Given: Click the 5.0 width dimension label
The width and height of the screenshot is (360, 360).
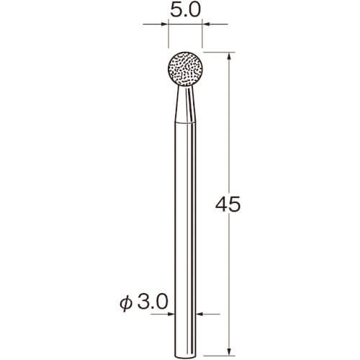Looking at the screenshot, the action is (185, 10).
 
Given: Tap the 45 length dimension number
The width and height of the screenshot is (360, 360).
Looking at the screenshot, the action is (228, 204).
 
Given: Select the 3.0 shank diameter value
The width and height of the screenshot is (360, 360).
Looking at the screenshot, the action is (153, 302).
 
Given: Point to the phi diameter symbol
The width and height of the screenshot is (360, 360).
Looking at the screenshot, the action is (126, 303).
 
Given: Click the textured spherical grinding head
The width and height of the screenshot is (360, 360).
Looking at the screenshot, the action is (185, 69).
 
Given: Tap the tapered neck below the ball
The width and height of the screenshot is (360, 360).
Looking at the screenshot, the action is (185, 104).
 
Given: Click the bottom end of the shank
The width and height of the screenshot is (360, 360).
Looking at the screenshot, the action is (185, 355).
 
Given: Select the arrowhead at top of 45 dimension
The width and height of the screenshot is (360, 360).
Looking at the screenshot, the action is (229, 56).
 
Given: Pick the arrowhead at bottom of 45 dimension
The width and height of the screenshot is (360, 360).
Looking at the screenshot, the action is (229, 352).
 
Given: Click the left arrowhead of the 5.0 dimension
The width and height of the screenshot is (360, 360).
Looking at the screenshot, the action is (164, 24).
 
